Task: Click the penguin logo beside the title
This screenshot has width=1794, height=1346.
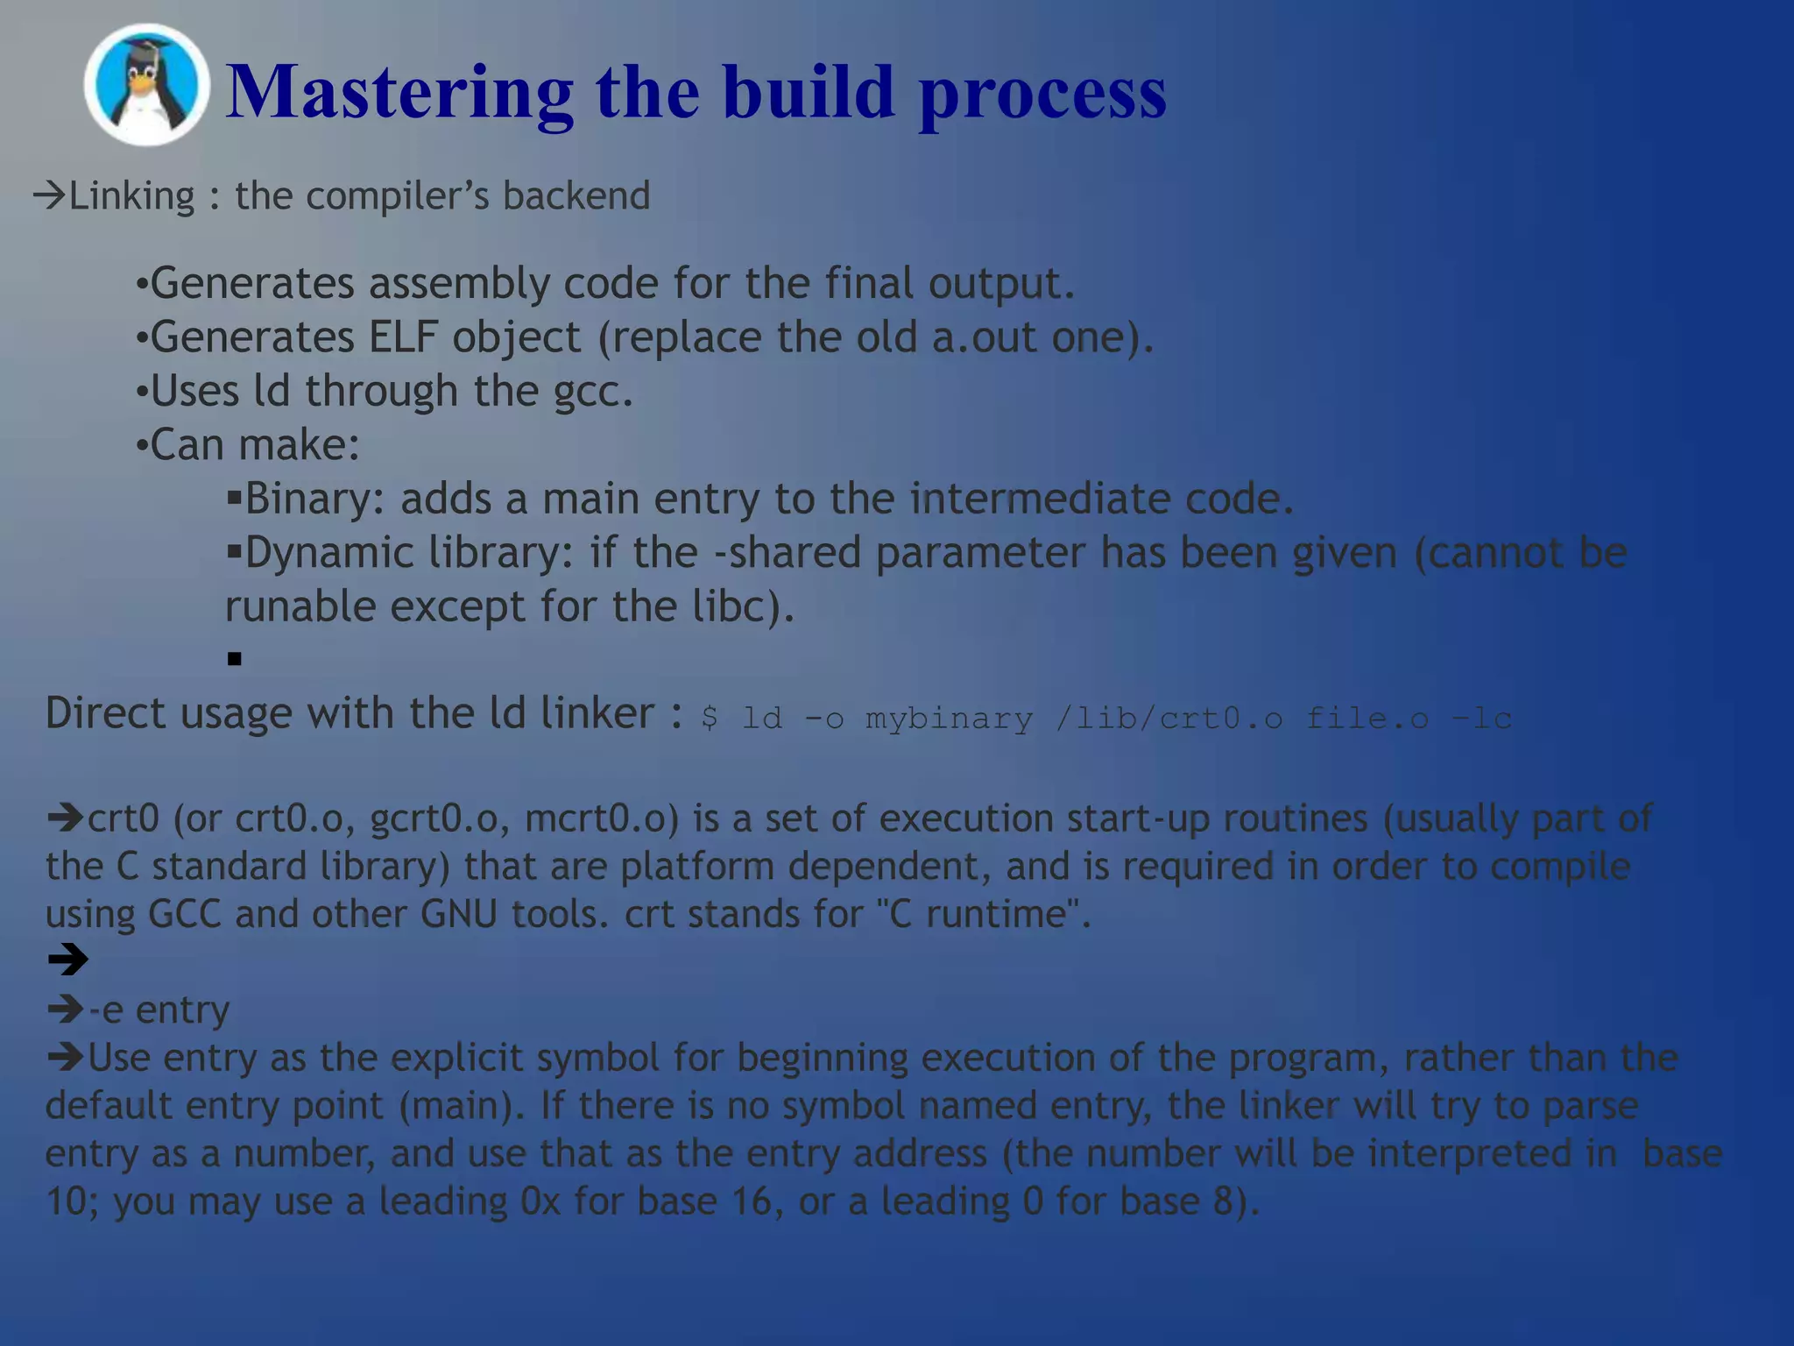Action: click(x=146, y=85)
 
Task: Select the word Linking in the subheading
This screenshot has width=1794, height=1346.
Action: click(x=131, y=195)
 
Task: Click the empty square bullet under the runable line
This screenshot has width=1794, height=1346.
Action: click(x=234, y=659)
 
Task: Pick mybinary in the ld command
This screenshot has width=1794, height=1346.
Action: click(x=949, y=719)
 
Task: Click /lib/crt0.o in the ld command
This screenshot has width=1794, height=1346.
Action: click(x=1169, y=719)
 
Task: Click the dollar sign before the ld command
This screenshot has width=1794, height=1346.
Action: click(x=710, y=719)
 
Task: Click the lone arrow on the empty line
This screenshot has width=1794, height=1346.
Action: click(x=67, y=960)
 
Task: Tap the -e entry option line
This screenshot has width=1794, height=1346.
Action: click(x=158, y=1010)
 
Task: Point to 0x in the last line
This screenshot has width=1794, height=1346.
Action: click(x=540, y=1201)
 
